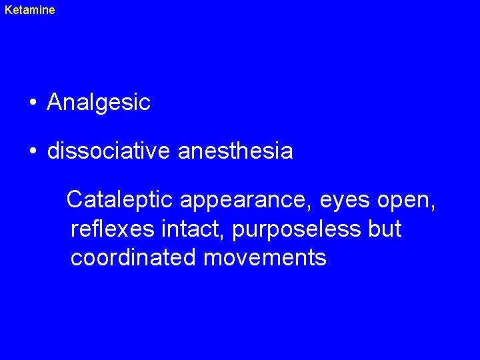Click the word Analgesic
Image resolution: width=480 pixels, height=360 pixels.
tap(99, 103)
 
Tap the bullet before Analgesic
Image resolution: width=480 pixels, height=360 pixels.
tap(32, 103)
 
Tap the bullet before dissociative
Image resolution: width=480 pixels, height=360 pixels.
tap(32, 151)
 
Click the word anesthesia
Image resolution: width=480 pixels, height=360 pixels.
tap(235, 151)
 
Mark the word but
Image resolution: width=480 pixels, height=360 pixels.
tap(385, 229)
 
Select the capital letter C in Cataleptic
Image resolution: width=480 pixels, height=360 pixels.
tap(75, 199)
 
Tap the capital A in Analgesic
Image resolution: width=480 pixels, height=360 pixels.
tap(55, 102)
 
